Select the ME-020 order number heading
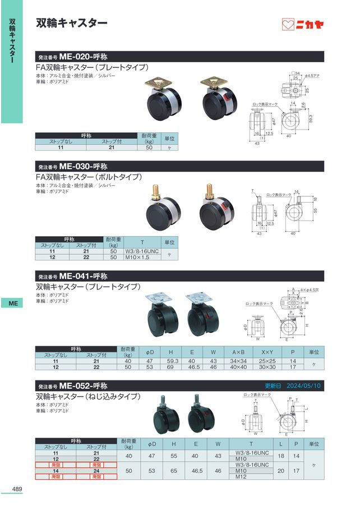point(73,57)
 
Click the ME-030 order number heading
point(73,167)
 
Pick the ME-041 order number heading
point(73,276)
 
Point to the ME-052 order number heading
point(73,385)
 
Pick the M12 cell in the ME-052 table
point(241,476)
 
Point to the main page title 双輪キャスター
point(71,23)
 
